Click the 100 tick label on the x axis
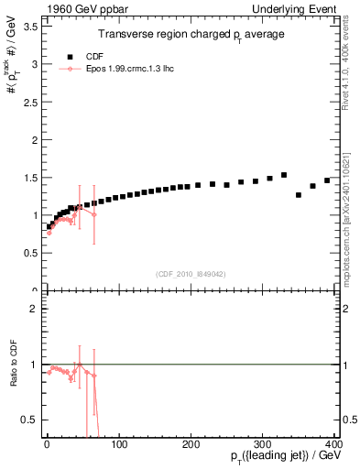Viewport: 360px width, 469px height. pos(119,445)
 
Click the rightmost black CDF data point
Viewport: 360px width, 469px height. pos(327,180)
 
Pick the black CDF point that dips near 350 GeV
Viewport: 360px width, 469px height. pos(299,195)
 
